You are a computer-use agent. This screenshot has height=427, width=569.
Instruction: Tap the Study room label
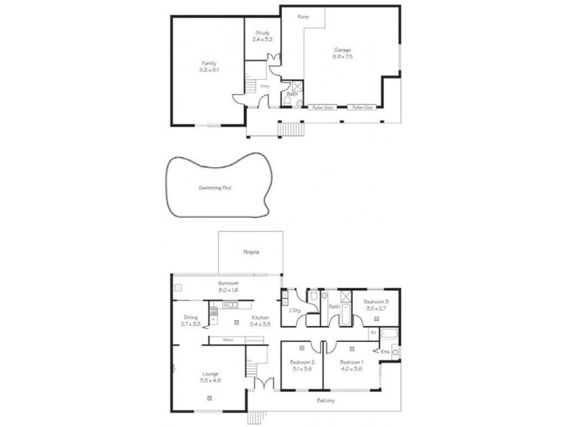point(263,33)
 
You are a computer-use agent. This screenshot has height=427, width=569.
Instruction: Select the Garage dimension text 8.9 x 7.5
point(344,56)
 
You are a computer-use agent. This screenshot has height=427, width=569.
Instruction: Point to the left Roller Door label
point(324,107)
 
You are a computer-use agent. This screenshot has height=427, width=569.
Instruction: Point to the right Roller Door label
point(363,107)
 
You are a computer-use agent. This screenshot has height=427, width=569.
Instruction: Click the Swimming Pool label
point(216,189)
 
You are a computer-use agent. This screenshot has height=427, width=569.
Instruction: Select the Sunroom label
point(228,283)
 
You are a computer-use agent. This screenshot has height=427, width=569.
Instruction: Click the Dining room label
point(191,317)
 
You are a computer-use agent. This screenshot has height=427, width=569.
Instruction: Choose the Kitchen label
point(259,317)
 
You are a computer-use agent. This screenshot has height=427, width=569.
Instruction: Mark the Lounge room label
point(209,374)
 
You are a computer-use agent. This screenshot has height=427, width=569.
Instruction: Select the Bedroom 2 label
point(302,362)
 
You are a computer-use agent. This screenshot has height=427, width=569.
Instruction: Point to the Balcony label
point(326,401)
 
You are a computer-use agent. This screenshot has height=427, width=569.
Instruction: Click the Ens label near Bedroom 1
point(385,352)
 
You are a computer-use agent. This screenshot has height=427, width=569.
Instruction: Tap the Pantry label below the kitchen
point(228,340)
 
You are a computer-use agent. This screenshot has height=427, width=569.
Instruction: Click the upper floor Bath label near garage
point(292,93)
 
